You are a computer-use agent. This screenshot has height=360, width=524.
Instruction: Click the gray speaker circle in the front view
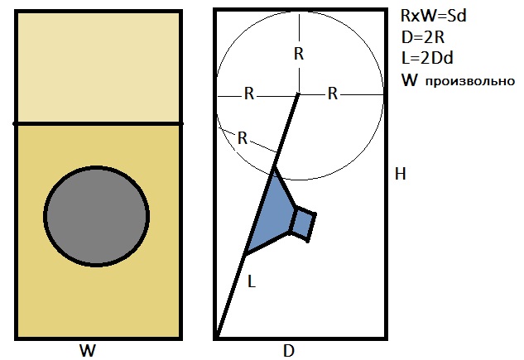[97, 216]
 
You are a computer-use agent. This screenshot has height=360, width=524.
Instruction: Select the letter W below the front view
[87, 350]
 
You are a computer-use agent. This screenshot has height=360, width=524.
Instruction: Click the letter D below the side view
[289, 350]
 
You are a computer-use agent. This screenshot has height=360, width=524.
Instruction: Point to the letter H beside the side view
[401, 174]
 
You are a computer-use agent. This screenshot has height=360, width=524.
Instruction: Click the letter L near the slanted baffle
[252, 281]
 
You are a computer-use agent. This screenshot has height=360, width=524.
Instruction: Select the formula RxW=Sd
[434, 17]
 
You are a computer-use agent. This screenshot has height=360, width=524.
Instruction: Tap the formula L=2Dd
[426, 59]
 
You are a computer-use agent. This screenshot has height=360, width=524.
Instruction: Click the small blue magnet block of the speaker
[303, 223]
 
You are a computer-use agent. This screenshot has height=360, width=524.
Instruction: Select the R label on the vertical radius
[299, 55]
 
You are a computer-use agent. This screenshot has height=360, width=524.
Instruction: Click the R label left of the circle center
[248, 93]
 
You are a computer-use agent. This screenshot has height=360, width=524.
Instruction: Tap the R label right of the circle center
[333, 93]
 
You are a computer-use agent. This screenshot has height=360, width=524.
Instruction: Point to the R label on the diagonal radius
[243, 137]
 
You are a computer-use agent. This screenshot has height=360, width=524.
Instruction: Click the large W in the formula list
[408, 80]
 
